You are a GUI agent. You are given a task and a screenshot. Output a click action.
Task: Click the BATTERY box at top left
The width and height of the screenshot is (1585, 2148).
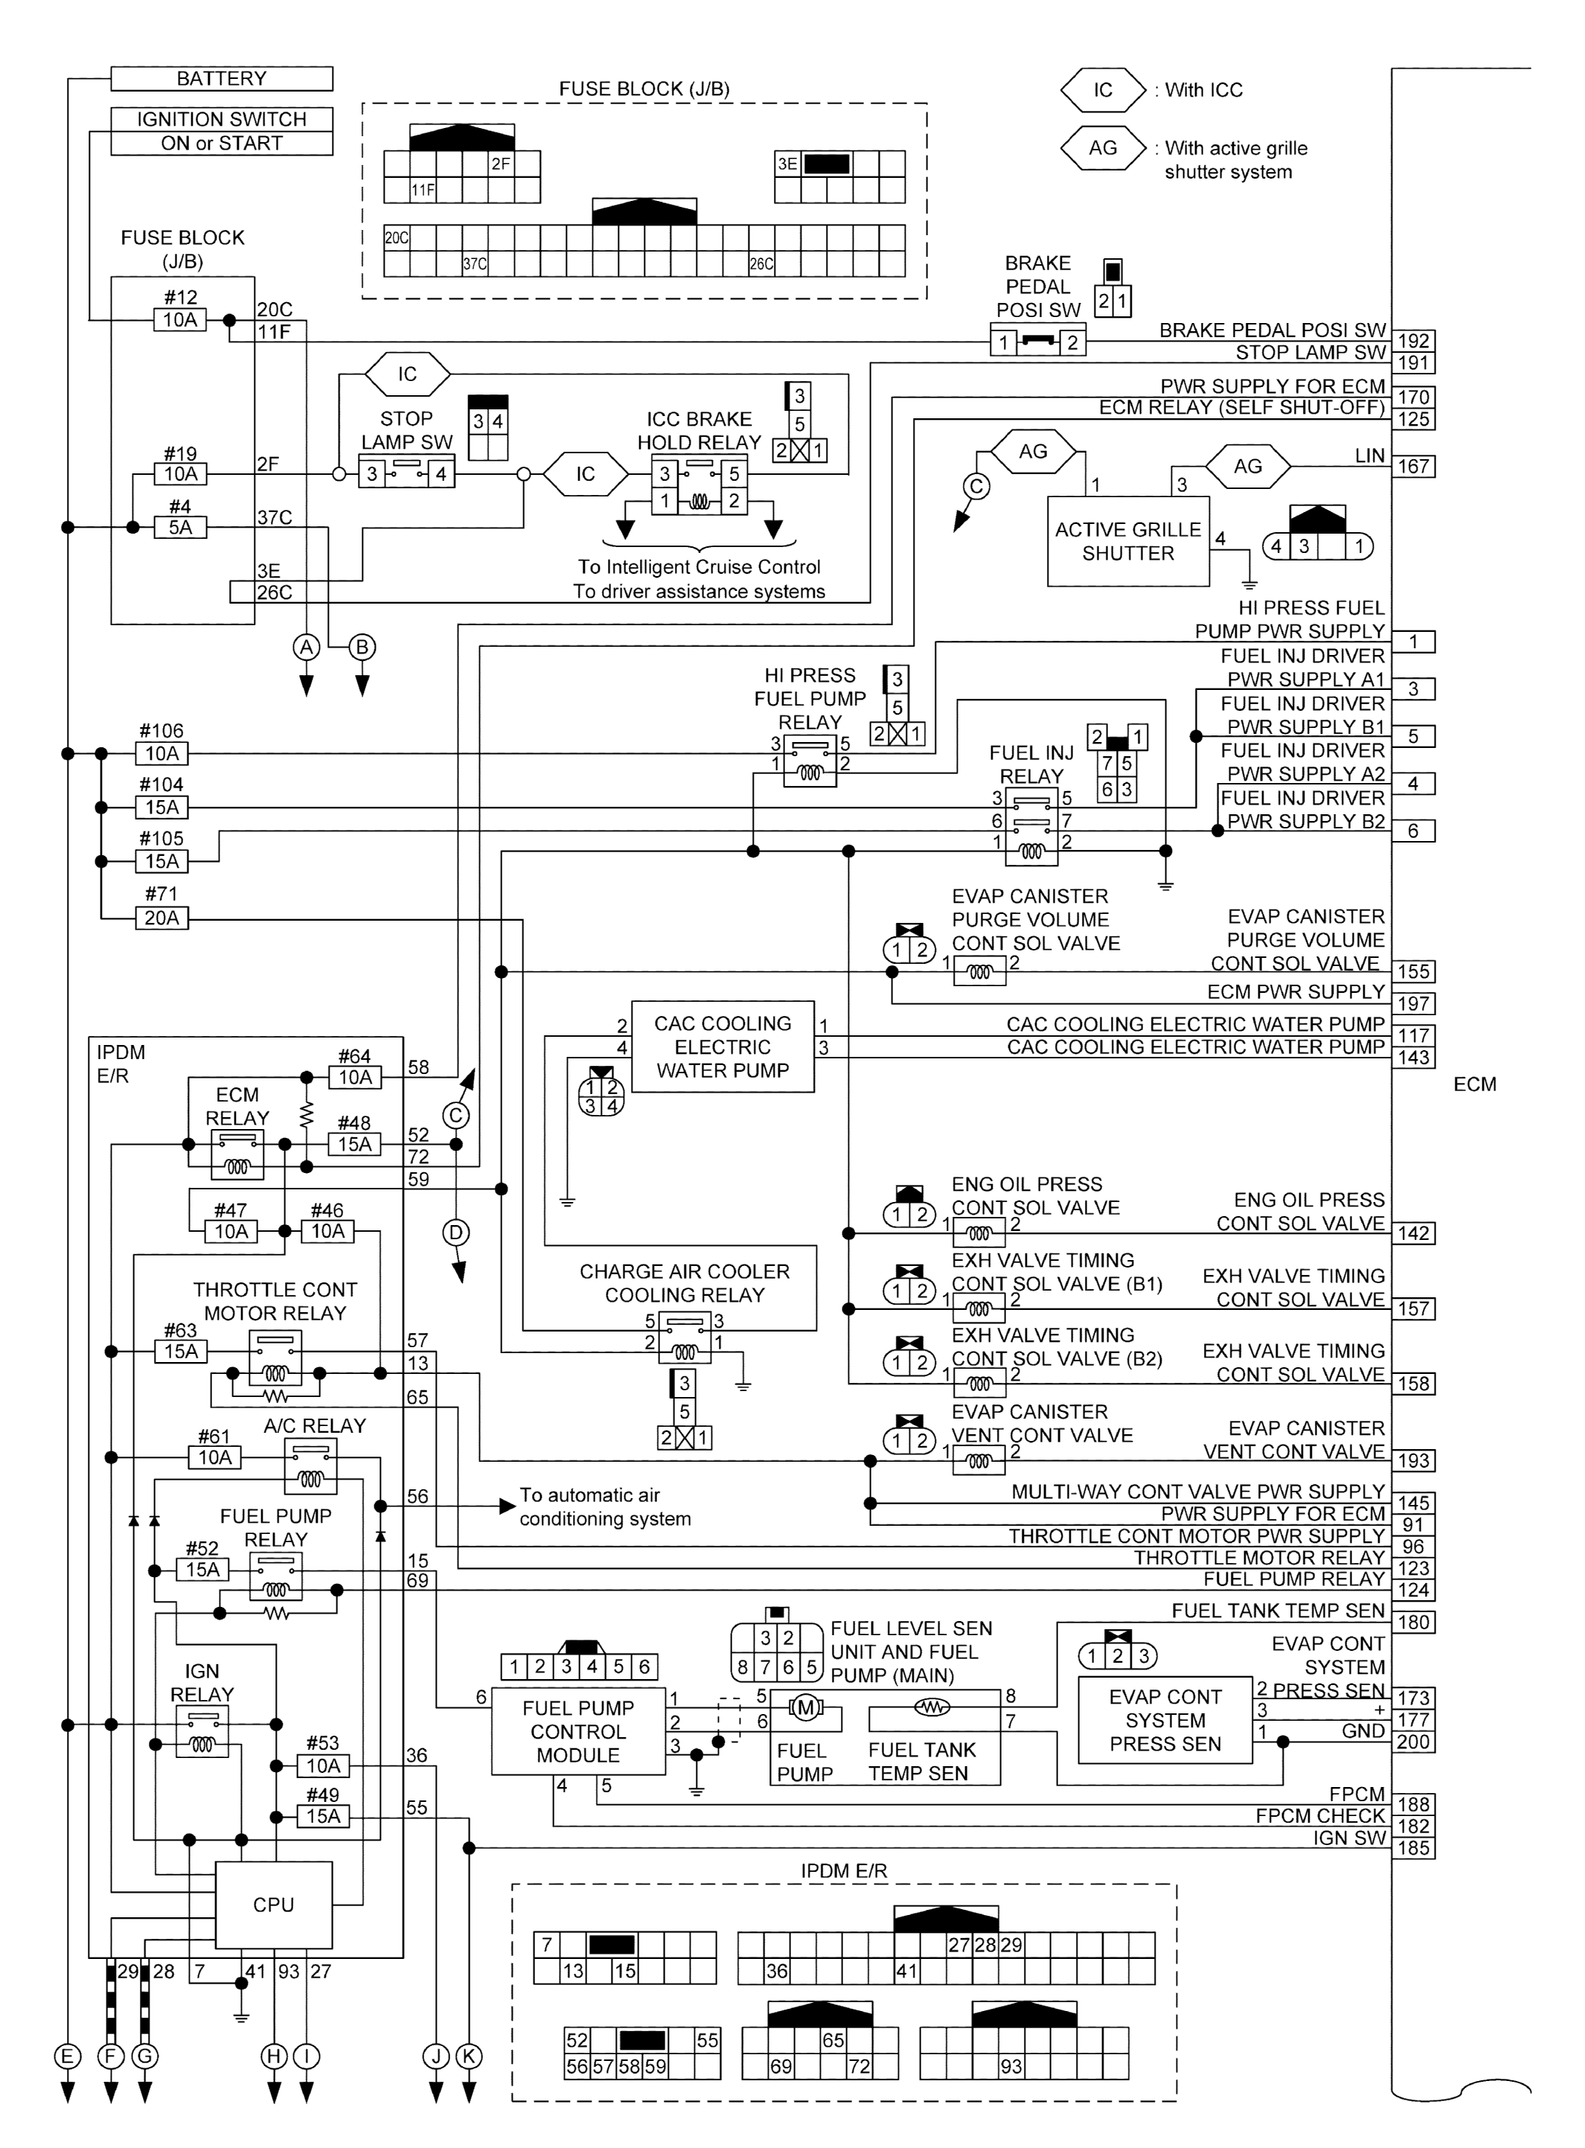click(222, 79)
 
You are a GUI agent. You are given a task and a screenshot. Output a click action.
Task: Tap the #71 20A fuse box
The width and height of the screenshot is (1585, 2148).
click(162, 918)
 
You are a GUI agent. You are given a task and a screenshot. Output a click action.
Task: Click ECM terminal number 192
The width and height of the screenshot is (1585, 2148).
click(1412, 341)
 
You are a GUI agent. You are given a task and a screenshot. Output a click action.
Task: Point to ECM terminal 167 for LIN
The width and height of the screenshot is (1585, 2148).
click(1412, 466)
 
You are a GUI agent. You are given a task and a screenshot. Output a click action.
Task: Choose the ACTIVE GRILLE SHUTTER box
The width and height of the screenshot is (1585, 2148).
click(1127, 541)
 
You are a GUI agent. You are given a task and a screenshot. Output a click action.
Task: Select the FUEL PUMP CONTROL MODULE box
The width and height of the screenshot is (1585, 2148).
click(577, 1732)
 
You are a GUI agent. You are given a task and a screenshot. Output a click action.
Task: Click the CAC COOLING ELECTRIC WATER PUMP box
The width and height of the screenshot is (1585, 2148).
click(723, 1046)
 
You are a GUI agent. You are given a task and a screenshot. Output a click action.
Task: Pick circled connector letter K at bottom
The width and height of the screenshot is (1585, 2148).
click(469, 2056)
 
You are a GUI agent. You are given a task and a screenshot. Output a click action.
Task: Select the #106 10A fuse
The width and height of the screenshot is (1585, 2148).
click(162, 754)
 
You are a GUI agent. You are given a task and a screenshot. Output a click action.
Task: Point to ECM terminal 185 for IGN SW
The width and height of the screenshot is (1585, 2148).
click(1412, 1848)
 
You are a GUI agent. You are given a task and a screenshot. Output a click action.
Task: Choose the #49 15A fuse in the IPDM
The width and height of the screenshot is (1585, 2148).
click(324, 1816)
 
